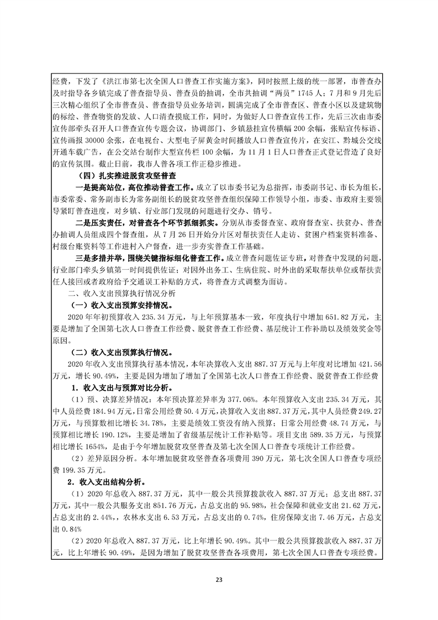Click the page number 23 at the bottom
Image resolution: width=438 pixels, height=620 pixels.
(219, 580)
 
